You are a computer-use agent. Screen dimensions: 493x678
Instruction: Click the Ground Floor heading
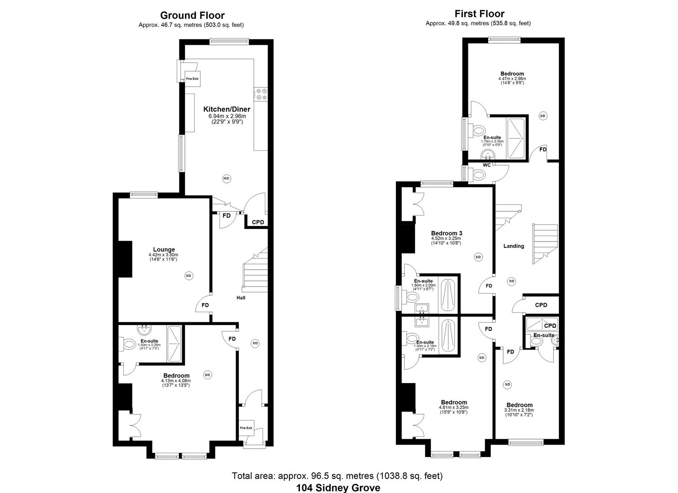pyautogui.click(x=192, y=16)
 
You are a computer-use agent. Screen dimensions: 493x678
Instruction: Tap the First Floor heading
pyautogui.click(x=479, y=14)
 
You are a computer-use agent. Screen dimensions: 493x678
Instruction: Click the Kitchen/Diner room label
pyautogui.click(x=226, y=110)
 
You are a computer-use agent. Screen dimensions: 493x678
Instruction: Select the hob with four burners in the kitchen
pyautogui.click(x=262, y=94)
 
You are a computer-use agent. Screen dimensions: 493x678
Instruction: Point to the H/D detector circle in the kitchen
pyautogui.click(x=226, y=178)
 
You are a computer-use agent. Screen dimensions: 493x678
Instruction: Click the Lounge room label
pyautogui.click(x=164, y=250)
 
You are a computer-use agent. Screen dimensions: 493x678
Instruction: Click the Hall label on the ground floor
pyautogui.click(x=241, y=298)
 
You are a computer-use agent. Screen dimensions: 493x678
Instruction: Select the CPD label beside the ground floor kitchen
pyautogui.click(x=258, y=222)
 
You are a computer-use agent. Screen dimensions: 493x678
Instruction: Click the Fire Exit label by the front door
pyautogui.click(x=246, y=428)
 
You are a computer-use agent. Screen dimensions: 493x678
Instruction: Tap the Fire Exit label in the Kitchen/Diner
pyautogui.click(x=192, y=79)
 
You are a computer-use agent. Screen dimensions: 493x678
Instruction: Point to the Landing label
pyautogui.click(x=514, y=246)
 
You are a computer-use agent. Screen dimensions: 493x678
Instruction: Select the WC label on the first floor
pyautogui.click(x=487, y=165)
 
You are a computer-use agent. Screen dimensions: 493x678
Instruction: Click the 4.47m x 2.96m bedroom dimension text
pyautogui.click(x=512, y=79)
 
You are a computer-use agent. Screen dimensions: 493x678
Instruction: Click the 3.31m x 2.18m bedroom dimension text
pyautogui.click(x=519, y=410)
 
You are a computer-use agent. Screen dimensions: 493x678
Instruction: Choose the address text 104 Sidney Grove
pyautogui.click(x=338, y=488)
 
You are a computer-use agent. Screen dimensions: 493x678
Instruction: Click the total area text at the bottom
pyautogui.click(x=337, y=476)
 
